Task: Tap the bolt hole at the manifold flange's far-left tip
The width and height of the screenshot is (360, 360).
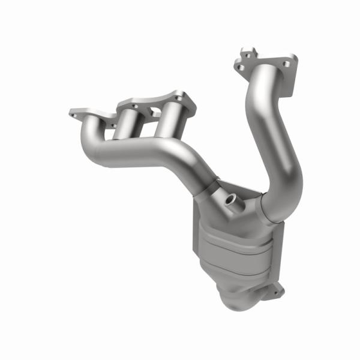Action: (x=74, y=112)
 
